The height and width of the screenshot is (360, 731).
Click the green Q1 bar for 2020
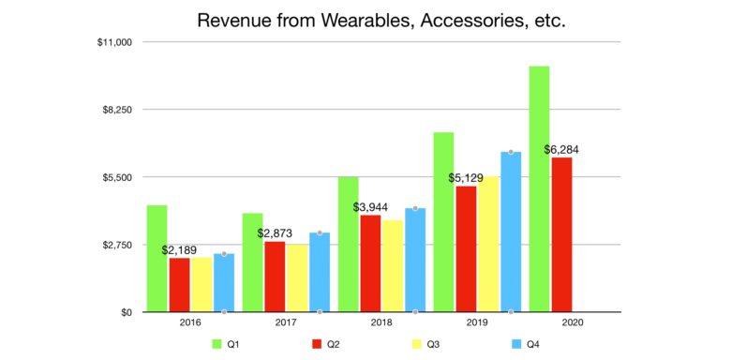pyautogui.click(x=539, y=188)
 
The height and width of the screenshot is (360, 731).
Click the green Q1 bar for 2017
pyautogui.click(x=252, y=262)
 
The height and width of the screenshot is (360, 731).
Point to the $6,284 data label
pyautogui.click(x=564, y=150)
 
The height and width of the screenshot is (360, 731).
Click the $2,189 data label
pyautogui.click(x=180, y=250)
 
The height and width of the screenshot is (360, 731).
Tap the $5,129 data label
pyautogui.click(x=467, y=178)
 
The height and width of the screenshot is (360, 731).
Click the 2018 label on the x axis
pyautogui.click(x=380, y=324)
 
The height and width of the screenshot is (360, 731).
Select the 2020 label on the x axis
pyautogui.click(x=571, y=324)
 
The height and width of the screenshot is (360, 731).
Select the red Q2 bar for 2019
pyautogui.click(x=466, y=248)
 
